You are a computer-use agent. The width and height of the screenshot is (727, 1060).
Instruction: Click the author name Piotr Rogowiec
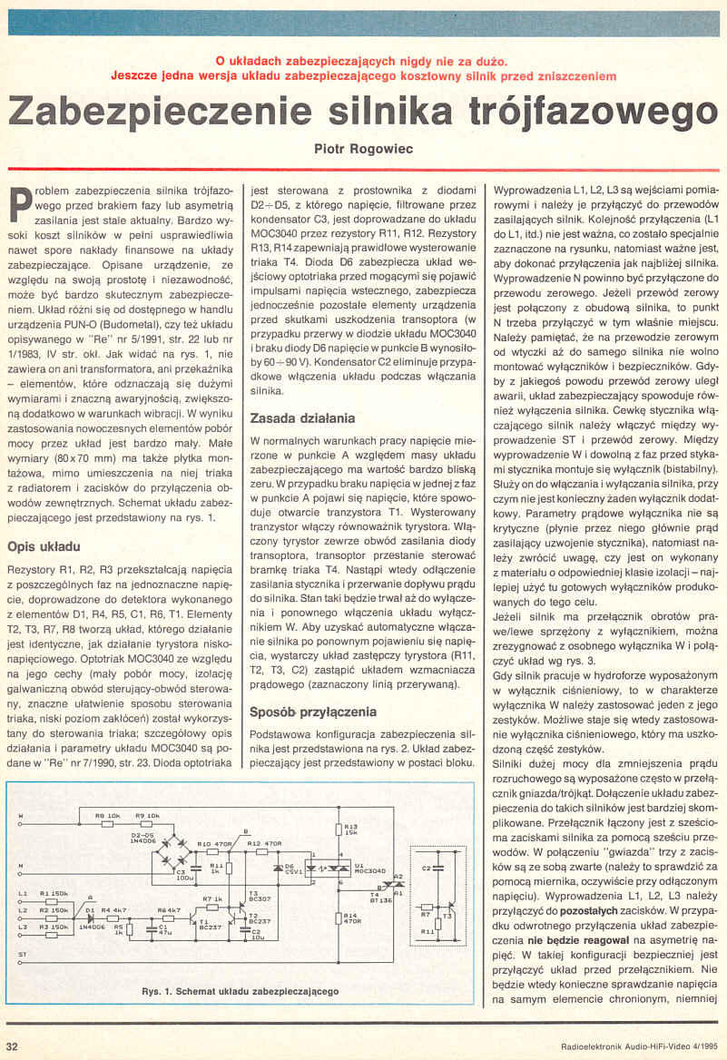[x=363, y=147]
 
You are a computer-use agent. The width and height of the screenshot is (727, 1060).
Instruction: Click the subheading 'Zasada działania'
[x=302, y=419]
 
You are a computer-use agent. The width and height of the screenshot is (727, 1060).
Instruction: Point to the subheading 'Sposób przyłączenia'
[x=313, y=712]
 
